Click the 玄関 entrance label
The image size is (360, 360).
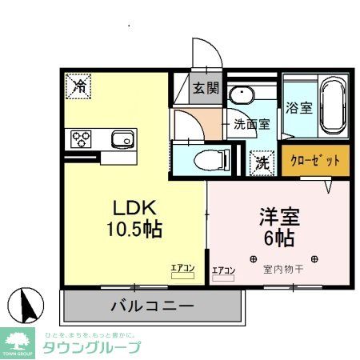click(204, 90)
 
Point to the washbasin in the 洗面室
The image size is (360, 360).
click(239, 97)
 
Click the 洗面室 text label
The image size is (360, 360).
click(252, 125)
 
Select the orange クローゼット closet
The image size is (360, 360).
click(315, 159)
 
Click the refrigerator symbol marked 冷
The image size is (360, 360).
click(79, 86)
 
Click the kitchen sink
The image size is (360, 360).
click(122, 140)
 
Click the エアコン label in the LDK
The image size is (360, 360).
click(182, 268)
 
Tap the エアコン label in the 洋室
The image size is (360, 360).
click(223, 270)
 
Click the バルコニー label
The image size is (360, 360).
click(151, 306)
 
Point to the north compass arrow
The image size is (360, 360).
click(27, 306)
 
